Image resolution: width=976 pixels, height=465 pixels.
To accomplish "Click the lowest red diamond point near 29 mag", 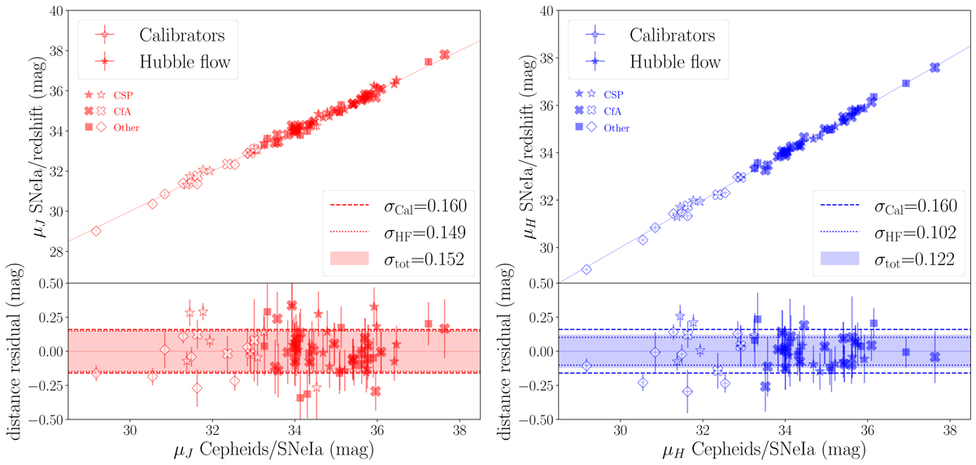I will coord(96,231).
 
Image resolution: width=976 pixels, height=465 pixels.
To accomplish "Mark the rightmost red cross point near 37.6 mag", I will coord(444,54).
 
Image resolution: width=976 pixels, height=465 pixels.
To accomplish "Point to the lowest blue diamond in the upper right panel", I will coord(586,269).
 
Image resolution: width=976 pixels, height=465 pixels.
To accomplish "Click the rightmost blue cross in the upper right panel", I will coord(935,67).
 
